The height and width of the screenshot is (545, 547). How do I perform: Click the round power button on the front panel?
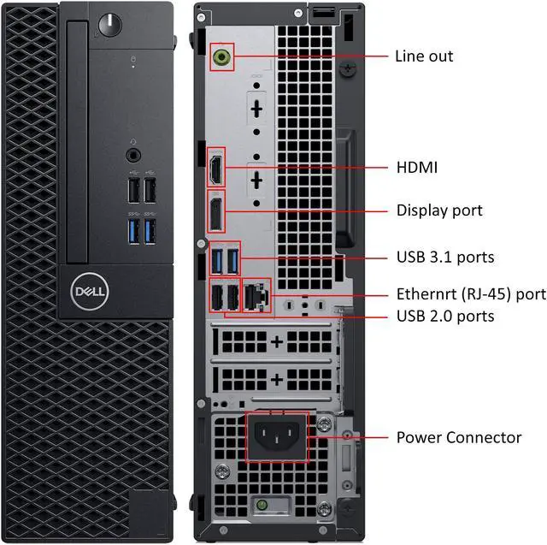point(109,25)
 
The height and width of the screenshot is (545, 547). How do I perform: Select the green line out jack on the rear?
point(222,57)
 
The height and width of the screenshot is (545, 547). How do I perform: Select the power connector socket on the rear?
point(277,437)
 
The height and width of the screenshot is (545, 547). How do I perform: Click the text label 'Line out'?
point(424,56)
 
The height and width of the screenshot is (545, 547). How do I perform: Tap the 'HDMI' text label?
point(416,168)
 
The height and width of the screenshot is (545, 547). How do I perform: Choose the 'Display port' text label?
point(439,210)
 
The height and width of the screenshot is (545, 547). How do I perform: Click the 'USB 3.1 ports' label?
point(445,257)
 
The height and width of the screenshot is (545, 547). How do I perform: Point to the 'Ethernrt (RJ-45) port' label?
point(471,294)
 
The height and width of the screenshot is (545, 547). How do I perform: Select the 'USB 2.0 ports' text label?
point(445,317)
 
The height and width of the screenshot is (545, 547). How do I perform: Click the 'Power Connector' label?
point(459,438)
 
